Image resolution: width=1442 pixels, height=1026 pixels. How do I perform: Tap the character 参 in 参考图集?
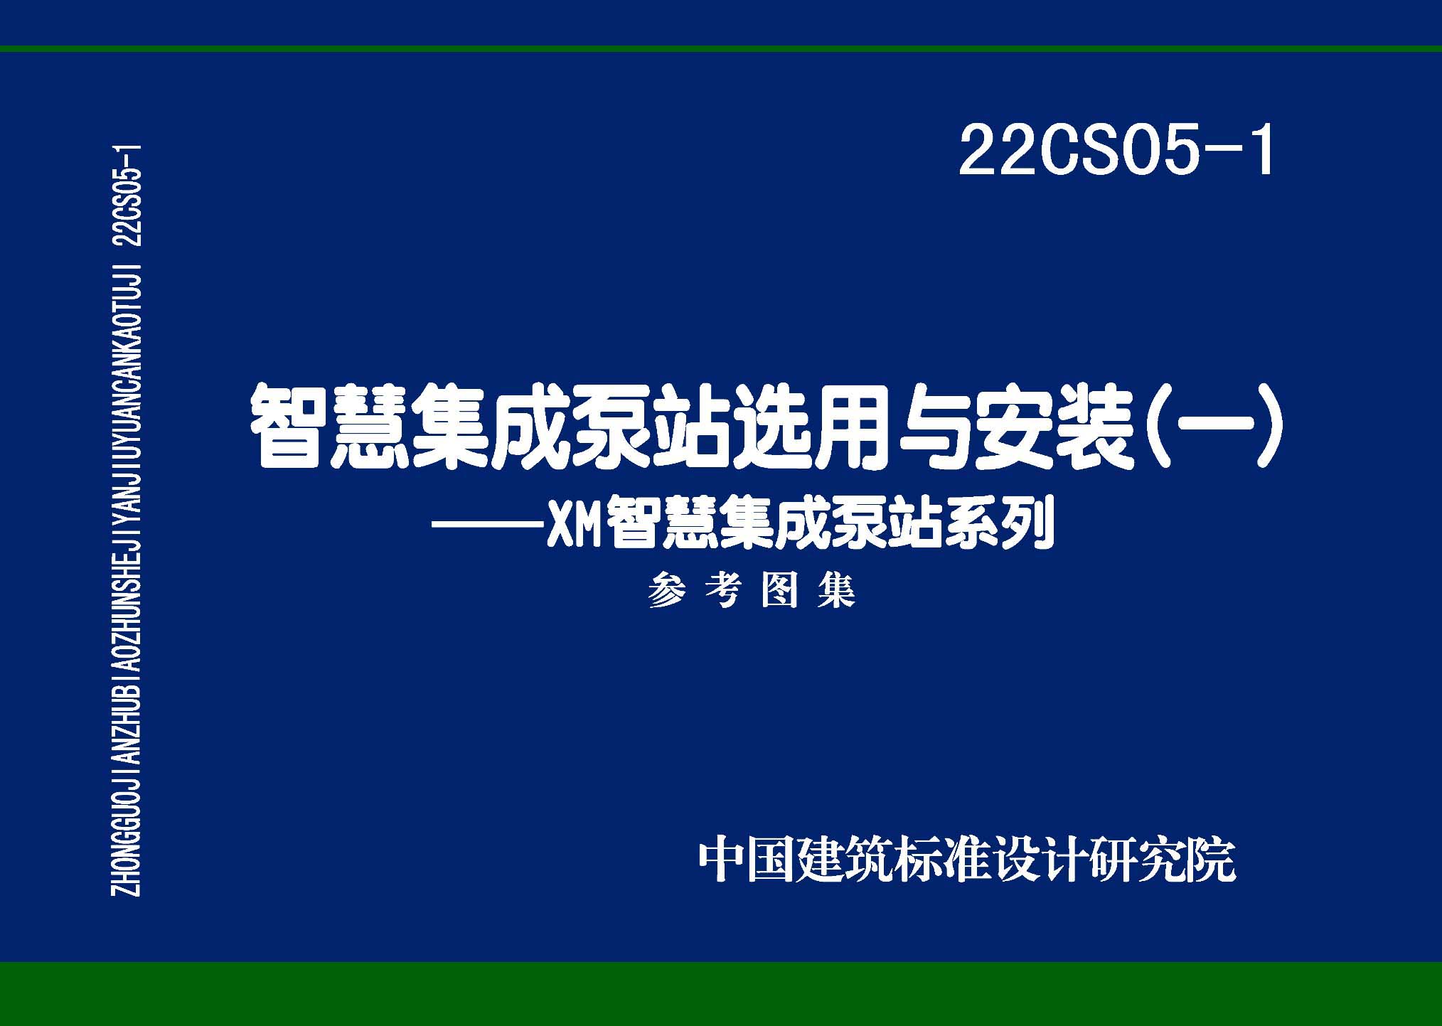pos(667,592)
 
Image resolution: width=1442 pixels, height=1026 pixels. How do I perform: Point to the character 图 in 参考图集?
pos(779,592)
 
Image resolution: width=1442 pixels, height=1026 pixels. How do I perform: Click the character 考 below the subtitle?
pos(724,592)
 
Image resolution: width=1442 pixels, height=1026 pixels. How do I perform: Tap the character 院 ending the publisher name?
pos(1212,862)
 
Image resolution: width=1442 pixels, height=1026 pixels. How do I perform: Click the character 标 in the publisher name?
pos(917,862)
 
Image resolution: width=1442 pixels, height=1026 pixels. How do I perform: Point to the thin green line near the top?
pos(721,49)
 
